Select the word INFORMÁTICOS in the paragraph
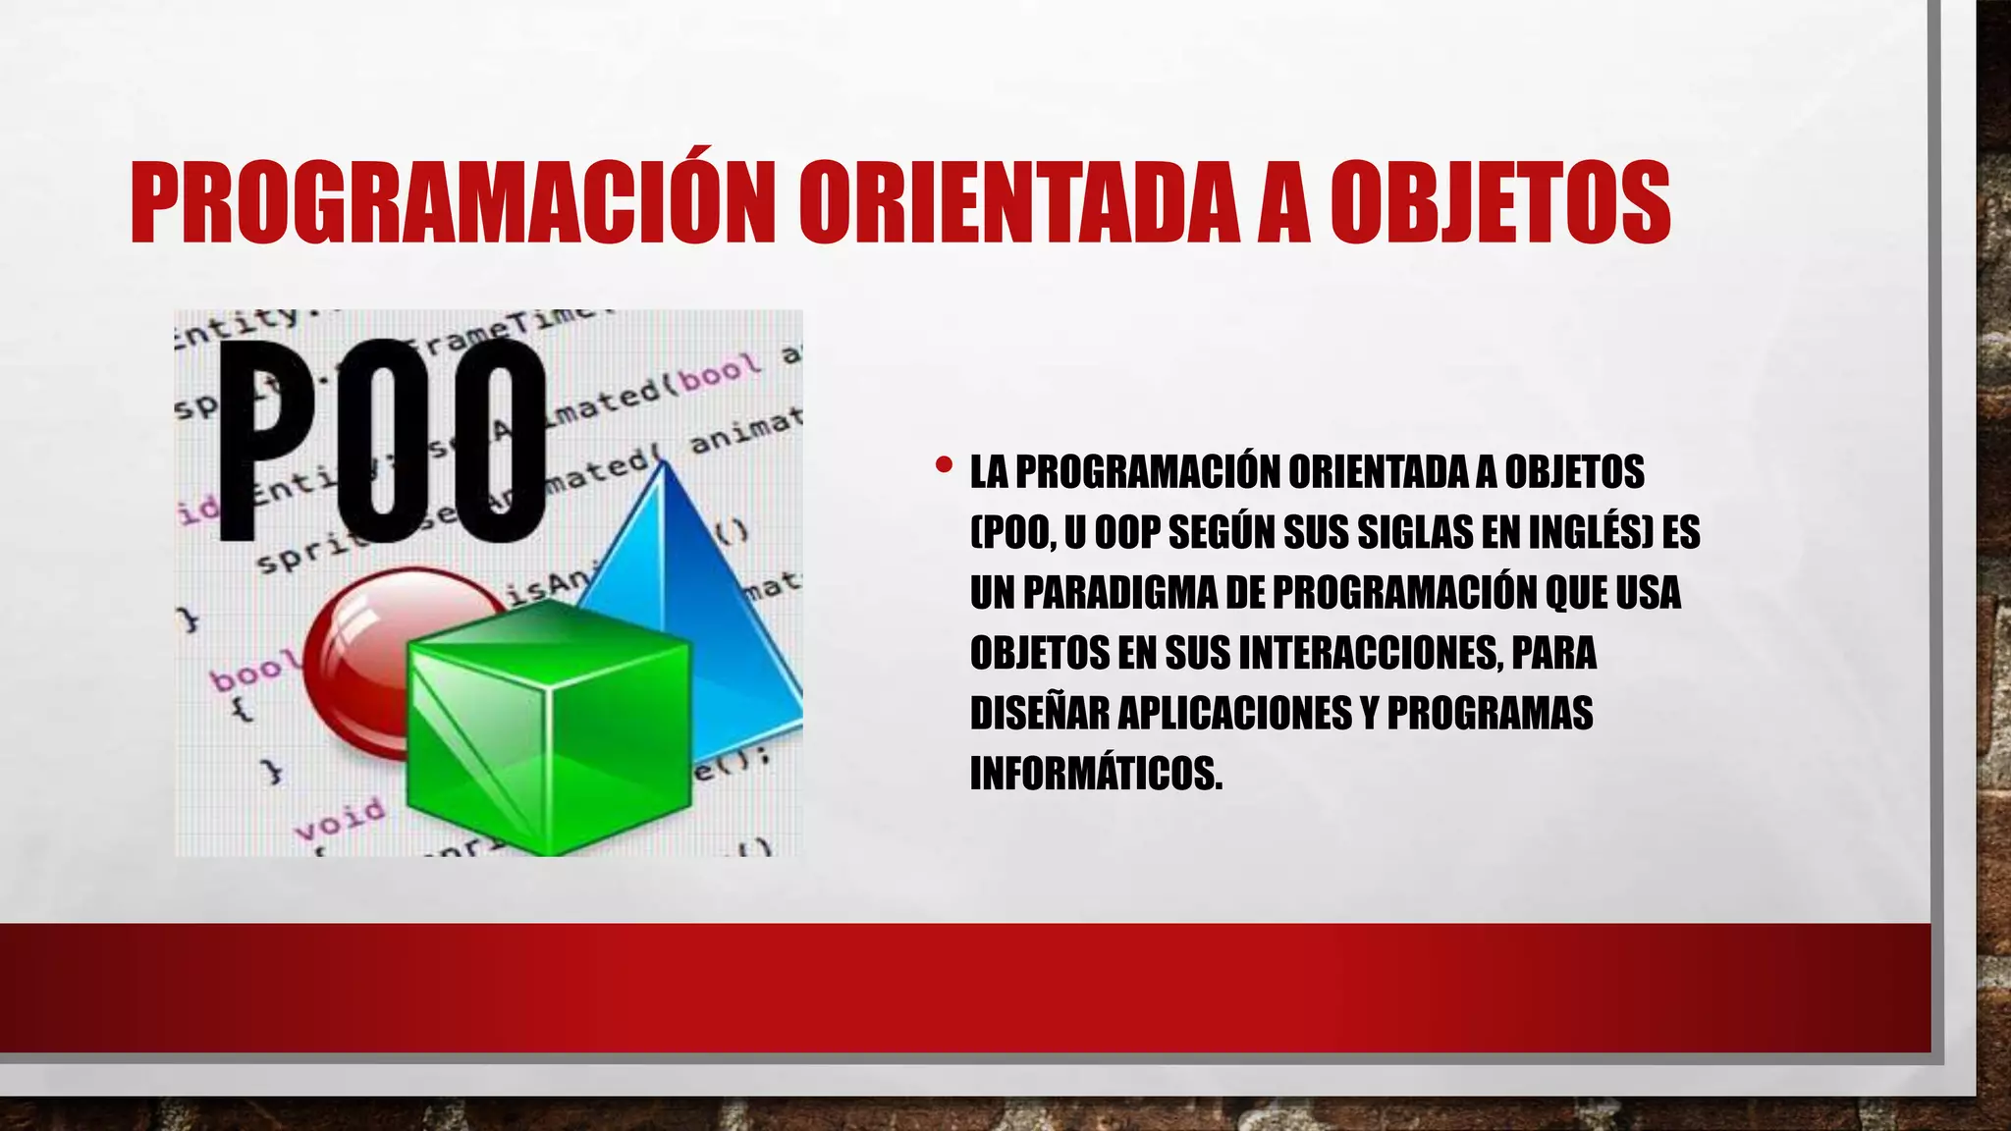point(1096,773)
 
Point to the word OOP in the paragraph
point(1127,532)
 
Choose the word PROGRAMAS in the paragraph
point(1490,713)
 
